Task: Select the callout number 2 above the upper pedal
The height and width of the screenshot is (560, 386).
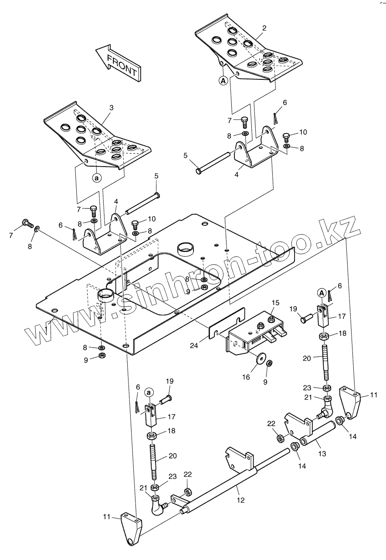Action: [264, 27]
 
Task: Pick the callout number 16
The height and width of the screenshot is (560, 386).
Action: [246, 377]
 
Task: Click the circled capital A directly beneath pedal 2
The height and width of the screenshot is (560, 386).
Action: [223, 80]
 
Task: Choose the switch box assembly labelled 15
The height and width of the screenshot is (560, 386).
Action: [253, 334]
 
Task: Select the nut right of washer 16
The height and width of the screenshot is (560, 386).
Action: [269, 363]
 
